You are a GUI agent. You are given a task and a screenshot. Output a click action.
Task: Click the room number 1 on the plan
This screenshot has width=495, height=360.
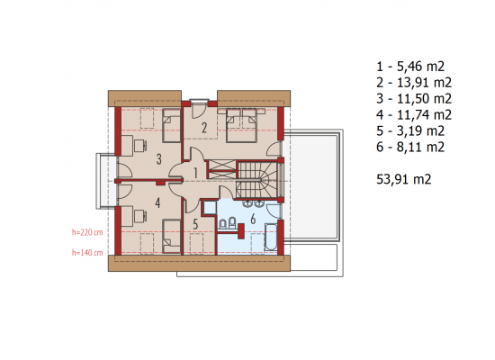pos(195,174)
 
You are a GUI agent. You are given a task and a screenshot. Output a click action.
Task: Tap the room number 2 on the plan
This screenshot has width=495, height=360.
pos(204,128)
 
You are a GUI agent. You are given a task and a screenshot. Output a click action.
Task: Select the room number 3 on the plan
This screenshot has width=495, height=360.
pos(158,159)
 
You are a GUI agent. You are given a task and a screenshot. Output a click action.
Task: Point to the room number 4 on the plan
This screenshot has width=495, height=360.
pos(157,202)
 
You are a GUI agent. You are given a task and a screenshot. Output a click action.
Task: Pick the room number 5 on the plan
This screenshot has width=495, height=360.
pos(195,224)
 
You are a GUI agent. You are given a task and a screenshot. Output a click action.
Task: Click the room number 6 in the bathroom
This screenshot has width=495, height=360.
pos(253,219)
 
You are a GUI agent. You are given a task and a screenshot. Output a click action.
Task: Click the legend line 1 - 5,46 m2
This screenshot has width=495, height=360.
pos(410,67)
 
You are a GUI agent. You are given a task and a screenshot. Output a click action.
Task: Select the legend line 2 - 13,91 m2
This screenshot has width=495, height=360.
pos(414,83)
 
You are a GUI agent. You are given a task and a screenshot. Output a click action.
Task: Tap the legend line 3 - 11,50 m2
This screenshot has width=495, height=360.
pos(414,98)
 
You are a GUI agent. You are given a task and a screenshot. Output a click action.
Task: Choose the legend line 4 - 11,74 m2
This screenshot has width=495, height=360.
pos(414,114)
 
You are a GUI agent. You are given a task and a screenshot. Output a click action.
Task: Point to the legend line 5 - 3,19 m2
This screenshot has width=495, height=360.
pos(410,130)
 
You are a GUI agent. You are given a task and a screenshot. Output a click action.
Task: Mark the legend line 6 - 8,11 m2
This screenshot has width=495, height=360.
pos(410,147)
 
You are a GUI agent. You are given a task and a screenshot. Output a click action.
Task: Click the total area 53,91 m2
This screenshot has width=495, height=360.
pos(404,179)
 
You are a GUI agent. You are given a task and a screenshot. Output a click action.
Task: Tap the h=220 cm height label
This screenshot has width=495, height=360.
pos(87,232)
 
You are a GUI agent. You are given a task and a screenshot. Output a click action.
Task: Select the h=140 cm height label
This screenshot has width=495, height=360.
pos(87,253)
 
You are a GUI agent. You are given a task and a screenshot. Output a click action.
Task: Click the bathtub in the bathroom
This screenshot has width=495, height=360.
pos(271,238)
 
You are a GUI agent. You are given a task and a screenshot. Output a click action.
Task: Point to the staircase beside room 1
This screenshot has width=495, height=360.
pos(257,180)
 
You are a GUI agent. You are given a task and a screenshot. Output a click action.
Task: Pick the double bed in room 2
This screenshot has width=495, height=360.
pos(241,125)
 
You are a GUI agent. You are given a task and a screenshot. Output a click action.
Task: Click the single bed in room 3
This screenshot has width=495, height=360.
pos(171,125)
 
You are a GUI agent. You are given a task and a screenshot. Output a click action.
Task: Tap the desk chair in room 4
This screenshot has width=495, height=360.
pos(139,216)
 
